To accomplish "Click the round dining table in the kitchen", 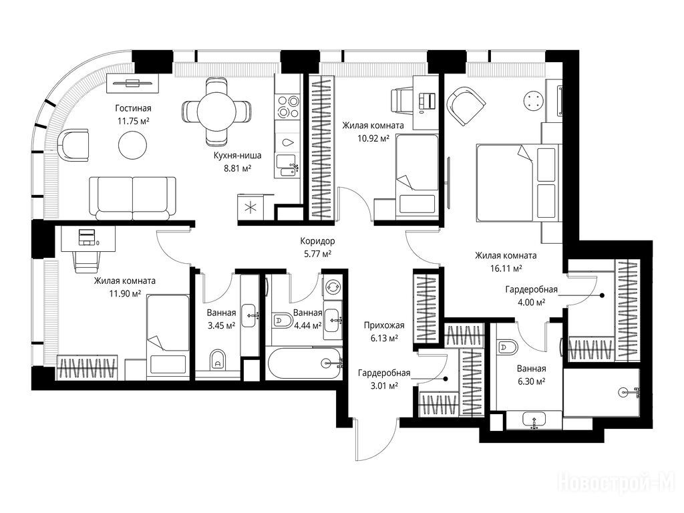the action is click(x=217, y=112).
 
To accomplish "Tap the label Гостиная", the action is click(x=133, y=108).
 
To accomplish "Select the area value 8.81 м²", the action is click(x=237, y=168).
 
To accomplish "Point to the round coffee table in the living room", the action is click(x=132, y=146).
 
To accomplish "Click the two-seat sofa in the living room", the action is click(x=133, y=198).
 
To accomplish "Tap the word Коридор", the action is click(x=317, y=240).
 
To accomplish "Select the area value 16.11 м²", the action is click(x=506, y=269).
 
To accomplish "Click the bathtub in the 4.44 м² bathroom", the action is click(x=305, y=363).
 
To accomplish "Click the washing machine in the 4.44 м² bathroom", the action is click(x=334, y=286).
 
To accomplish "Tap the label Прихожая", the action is click(x=384, y=325).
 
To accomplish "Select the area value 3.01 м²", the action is click(x=384, y=385).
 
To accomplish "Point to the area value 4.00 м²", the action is click(x=531, y=302).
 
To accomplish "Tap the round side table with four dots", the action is click(x=533, y=101).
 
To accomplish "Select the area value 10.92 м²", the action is click(x=372, y=139).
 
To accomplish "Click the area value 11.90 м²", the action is click(x=125, y=294).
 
